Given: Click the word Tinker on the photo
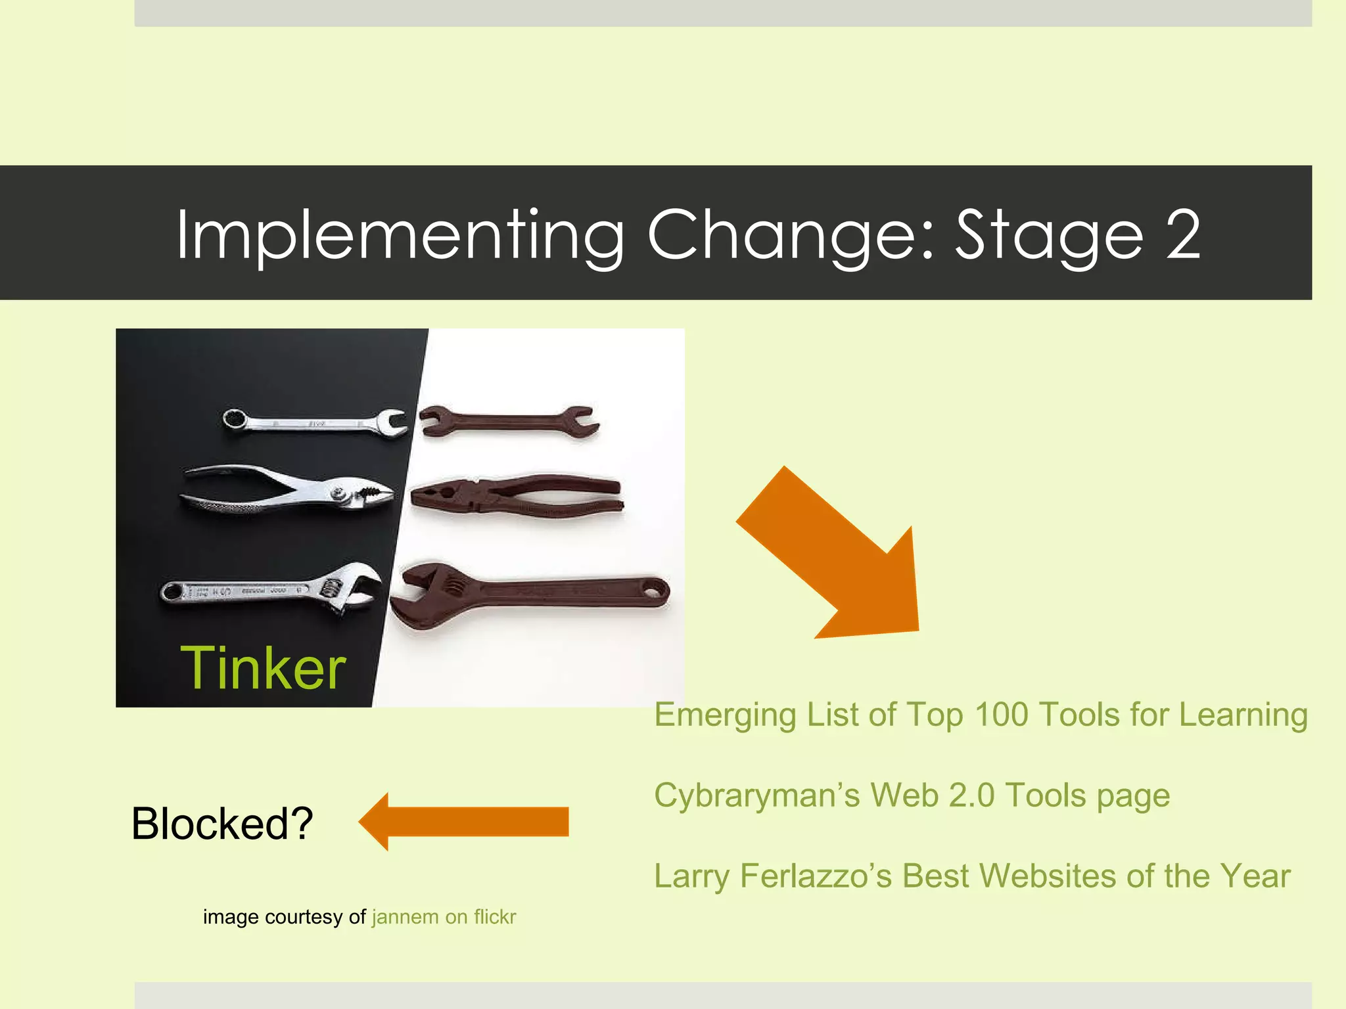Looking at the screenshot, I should pos(263,669).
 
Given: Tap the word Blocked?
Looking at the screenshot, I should pos(222,824).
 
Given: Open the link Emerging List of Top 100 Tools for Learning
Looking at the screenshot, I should pos(981,715).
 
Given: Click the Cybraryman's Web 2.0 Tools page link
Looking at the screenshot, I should pos(912,796).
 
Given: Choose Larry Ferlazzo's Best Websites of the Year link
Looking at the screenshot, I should pos(972,876).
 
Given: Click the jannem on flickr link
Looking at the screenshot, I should pos(444,916).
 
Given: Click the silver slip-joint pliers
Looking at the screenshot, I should pos(289,489).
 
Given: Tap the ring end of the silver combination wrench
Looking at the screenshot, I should pos(235,418).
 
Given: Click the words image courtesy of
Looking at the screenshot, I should pos(284,916).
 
